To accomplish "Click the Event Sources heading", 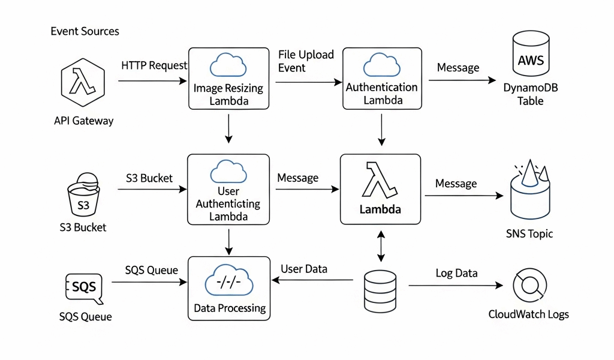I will click(85, 31).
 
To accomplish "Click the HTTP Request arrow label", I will click(154, 65).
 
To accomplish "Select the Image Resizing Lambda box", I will click(228, 79).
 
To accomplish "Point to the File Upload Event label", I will click(306, 61).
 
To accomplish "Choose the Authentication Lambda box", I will click(381, 79).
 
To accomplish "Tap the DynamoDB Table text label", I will click(531, 95).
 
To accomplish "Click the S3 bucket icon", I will click(83, 196).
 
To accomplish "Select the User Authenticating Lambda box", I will click(228, 189).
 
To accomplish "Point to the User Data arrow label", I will click(304, 269).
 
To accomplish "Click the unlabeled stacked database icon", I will click(380, 290).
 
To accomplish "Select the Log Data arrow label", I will click(456, 274).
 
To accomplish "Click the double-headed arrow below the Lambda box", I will click(380, 247).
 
